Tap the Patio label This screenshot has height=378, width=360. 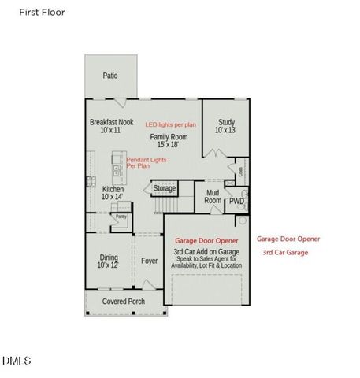click(111, 76)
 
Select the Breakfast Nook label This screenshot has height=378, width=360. click(112, 127)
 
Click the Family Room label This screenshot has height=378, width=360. click(171, 141)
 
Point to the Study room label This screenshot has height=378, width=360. click(226, 126)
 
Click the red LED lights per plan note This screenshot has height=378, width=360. click(170, 124)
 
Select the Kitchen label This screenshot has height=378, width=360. click(113, 192)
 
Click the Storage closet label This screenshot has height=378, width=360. click(164, 189)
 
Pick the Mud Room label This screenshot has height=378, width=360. click(213, 196)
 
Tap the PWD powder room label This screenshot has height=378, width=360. click(236, 202)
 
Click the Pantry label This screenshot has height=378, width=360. click(121, 216)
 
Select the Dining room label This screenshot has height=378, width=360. click(108, 261)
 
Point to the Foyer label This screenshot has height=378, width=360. click(149, 261)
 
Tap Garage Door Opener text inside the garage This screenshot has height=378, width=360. click(207, 242)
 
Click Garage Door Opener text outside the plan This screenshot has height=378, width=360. click(288, 239)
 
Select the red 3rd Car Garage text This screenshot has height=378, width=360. click(285, 253)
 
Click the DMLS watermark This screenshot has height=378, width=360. click(16, 361)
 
